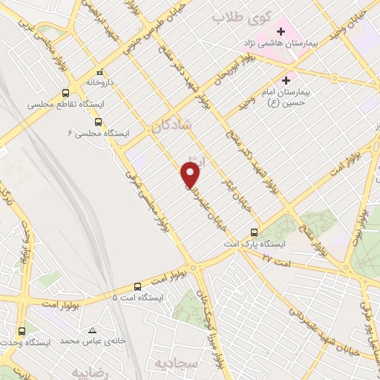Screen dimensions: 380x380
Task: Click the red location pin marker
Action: [191, 175]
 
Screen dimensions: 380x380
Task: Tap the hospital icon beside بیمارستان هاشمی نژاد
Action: [282, 32]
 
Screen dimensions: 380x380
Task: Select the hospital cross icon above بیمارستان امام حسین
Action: [286, 80]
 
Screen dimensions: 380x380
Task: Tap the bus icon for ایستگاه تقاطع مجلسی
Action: [66, 94]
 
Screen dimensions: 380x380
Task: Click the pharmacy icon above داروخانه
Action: [100, 74]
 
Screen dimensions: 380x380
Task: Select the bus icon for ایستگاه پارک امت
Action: [255, 232]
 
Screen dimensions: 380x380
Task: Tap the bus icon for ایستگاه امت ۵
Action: [137, 286]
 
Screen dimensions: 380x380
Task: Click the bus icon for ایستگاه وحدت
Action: [22, 331]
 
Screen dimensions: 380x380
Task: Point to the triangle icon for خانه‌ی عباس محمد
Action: [92, 331]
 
